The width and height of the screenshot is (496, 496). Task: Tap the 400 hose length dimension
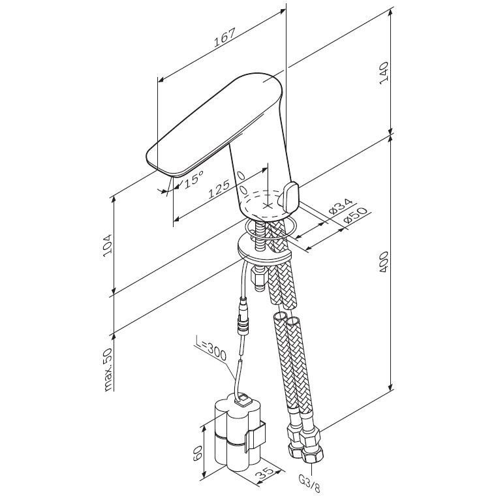tap(385, 261)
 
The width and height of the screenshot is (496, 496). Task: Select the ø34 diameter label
tap(339, 208)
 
